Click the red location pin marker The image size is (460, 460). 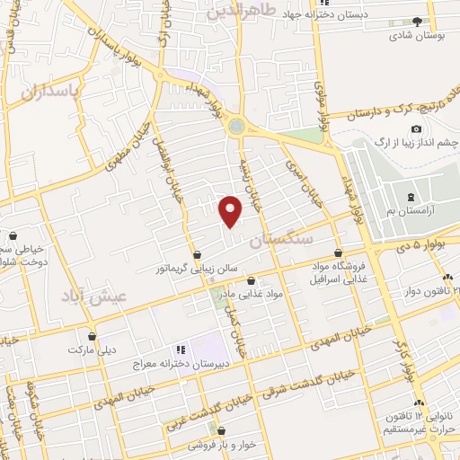coord(231,210)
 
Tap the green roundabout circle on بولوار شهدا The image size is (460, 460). coord(237,126)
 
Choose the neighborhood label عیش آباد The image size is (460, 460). coord(94,296)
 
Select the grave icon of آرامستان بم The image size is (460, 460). coord(411,196)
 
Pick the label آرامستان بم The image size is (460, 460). coord(410,209)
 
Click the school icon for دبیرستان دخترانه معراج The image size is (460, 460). coord(180,349)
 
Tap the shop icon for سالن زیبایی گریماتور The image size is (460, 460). coord(197,253)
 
